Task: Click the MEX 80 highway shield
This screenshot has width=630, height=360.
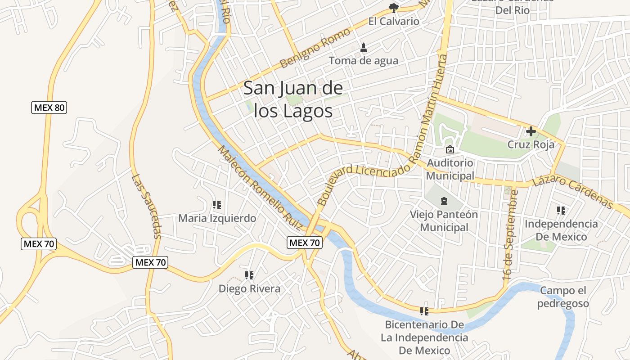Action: (x=49, y=108)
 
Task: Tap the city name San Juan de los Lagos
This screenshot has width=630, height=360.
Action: (x=293, y=99)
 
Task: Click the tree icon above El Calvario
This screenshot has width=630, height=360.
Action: (x=393, y=7)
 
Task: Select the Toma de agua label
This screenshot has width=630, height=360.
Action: (x=363, y=60)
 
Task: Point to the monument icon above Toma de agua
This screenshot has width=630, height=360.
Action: (x=364, y=47)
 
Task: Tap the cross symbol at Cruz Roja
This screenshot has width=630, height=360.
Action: (x=531, y=131)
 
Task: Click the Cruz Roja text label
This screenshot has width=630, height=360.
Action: (x=531, y=144)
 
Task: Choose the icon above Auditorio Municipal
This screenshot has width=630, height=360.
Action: (x=450, y=149)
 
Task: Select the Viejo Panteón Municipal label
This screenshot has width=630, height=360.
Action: (x=444, y=220)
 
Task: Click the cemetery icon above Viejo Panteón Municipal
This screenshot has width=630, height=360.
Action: (x=444, y=201)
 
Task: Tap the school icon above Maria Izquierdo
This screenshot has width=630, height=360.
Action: (x=217, y=205)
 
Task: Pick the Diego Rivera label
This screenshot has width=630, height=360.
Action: (x=249, y=288)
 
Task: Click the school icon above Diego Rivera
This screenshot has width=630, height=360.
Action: (x=249, y=275)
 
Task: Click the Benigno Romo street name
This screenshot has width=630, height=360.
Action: (x=315, y=49)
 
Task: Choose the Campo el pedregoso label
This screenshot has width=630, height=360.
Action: (x=563, y=297)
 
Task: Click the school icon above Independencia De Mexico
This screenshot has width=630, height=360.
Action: (x=561, y=210)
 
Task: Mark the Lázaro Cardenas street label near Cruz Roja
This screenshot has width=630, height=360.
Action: (x=572, y=193)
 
